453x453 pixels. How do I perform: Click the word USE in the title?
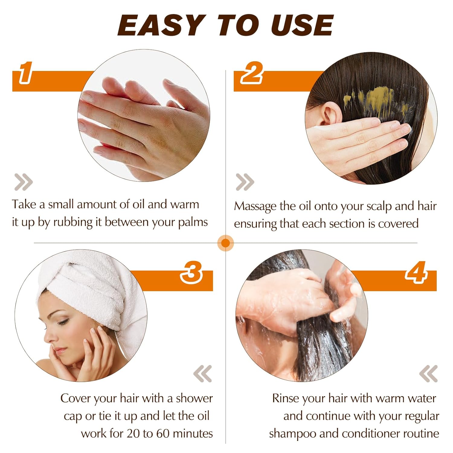[302, 25]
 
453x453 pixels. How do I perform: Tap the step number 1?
[26, 72]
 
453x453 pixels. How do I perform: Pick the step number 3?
[191, 272]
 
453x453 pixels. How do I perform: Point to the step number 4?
[416, 272]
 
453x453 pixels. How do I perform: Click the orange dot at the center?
[226, 243]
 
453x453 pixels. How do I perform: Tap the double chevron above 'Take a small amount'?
[23, 182]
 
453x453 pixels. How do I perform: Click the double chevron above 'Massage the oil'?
[245, 182]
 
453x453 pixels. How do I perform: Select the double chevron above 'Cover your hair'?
[203, 374]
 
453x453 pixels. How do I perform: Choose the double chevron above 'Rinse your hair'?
[429, 374]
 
